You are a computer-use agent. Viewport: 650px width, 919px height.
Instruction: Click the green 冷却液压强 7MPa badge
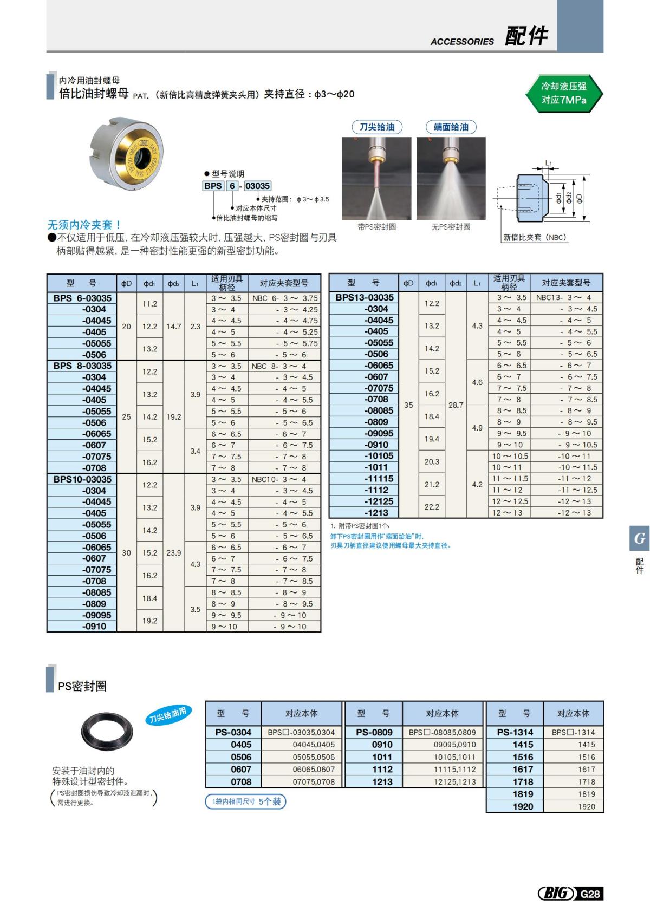[564, 93]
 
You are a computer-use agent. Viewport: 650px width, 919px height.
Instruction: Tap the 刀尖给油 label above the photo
[377, 127]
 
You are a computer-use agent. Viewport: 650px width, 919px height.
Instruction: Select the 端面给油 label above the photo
[451, 127]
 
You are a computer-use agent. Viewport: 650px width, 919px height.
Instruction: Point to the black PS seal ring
[107, 731]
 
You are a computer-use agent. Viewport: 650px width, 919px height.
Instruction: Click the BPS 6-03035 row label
[82, 298]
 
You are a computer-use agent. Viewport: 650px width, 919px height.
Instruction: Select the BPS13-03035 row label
[365, 297]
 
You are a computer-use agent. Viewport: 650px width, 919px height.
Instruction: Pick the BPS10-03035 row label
[82, 479]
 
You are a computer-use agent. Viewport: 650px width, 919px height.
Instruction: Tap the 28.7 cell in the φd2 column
[456, 405]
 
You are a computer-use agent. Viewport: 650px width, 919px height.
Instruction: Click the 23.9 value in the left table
[173, 553]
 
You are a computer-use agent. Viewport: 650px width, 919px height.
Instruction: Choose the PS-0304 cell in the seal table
[233, 732]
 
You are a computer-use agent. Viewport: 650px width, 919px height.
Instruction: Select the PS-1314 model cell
[515, 732]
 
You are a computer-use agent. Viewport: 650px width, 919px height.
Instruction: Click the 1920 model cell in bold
[523, 806]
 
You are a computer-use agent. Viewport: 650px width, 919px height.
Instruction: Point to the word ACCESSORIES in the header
[462, 42]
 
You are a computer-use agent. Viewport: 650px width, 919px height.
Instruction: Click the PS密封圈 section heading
[82, 686]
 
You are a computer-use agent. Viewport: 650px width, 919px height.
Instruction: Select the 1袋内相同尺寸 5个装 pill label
[246, 801]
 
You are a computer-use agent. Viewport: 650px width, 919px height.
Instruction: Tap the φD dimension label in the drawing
[580, 198]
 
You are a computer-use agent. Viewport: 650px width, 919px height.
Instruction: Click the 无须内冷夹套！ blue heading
[84, 225]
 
